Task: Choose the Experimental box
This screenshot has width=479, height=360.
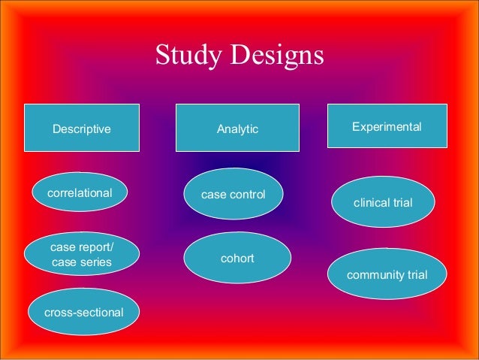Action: (387, 126)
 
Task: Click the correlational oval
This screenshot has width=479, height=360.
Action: (80, 193)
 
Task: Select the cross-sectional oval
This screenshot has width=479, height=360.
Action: (84, 311)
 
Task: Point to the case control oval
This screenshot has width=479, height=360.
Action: (233, 195)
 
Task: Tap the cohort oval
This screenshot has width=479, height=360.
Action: (237, 258)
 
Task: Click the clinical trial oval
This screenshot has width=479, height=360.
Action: (383, 202)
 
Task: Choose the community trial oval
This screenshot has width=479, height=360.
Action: (387, 274)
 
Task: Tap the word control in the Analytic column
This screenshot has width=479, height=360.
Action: (249, 195)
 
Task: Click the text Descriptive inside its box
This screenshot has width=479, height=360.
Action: (81, 129)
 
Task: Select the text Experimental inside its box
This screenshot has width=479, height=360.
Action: (387, 126)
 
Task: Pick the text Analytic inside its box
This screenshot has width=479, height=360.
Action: (237, 129)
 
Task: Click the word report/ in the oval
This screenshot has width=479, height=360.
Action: (94, 247)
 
